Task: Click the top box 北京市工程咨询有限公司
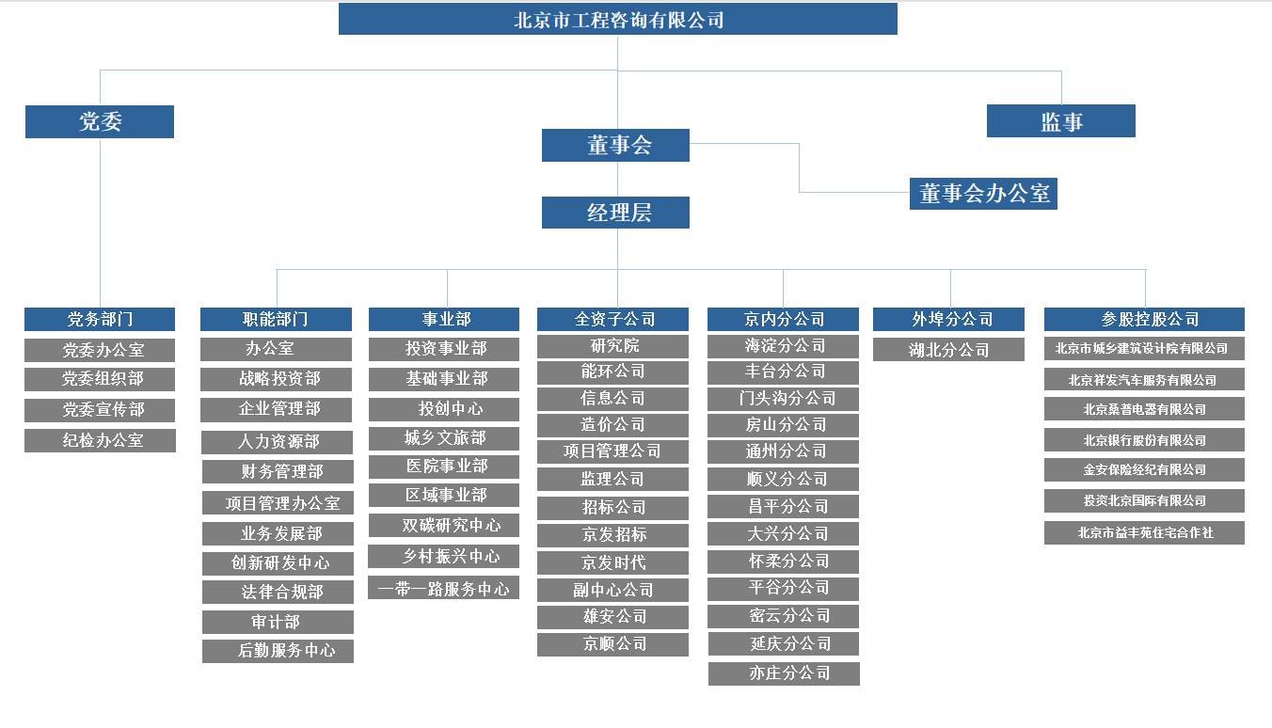pyautogui.click(x=618, y=20)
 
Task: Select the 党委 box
pyautogui.click(x=100, y=121)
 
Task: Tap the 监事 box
pyautogui.click(x=1060, y=121)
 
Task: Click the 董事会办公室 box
pyautogui.click(x=983, y=194)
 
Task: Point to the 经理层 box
pyautogui.click(x=615, y=213)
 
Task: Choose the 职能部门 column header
pyautogui.click(x=276, y=319)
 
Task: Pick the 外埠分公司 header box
pyautogui.click(x=948, y=319)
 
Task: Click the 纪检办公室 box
pyautogui.click(x=100, y=441)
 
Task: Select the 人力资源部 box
pyautogui.click(x=278, y=442)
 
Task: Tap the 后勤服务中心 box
pyautogui.click(x=278, y=651)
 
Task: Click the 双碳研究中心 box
pyautogui.click(x=443, y=525)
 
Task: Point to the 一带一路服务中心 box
pyautogui.click(x=443, y=588)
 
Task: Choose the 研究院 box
pyautogui.click(x=612, y=346)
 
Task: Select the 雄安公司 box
pyautogui.click(x=612, y=617)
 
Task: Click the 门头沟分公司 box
pyautogui.click(x=783, y=399)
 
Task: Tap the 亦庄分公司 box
pyautogui.click(x=784, y=673)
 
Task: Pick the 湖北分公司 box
pyautogui.click(x=948, y=350)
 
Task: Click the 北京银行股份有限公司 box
pyautogui.click(x=1144, y=440)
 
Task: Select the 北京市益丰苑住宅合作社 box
pyautogui.click(x=1144, y=532)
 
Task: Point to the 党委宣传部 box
pyautogui.click(x=100, y=410)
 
